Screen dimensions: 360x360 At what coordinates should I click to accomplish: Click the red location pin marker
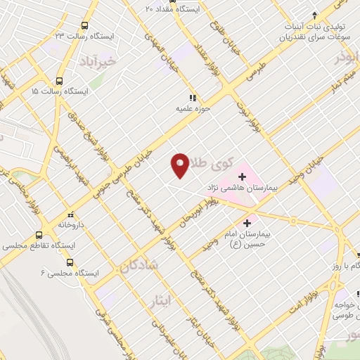coord(180,165)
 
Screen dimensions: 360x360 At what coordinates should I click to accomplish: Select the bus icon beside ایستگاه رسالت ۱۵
coord(60,81)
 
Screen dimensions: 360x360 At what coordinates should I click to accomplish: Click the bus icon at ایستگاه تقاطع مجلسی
coord(39,236)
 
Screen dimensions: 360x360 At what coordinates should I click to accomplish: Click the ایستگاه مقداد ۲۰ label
coord(176,9)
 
